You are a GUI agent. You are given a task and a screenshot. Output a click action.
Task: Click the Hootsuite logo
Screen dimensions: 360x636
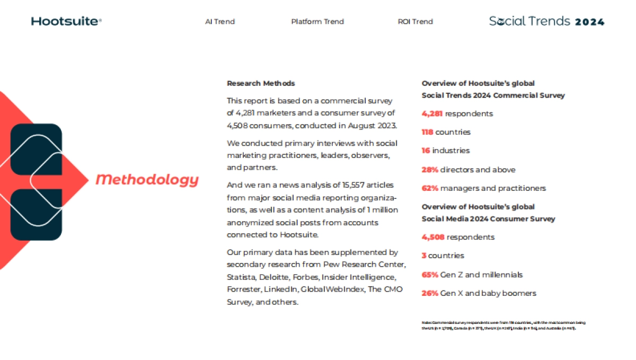[x=66, y=21]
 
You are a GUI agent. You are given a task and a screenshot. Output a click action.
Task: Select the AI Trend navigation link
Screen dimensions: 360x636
[x=220, y=22]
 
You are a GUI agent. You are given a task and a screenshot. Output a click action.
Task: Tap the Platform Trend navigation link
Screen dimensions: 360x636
[x=317, y=22]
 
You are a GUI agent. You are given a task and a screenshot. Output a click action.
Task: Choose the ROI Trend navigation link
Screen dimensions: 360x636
[x=415, y=22]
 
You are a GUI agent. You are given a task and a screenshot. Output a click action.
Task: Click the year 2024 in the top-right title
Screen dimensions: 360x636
[x=589, y=22]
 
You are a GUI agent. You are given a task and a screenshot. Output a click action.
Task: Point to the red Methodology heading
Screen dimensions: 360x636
[x=147, y=180]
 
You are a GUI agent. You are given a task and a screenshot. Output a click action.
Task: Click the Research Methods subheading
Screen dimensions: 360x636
[x=261, y=83]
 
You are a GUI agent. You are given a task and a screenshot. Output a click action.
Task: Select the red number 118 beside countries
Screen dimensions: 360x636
[x=427, y=132]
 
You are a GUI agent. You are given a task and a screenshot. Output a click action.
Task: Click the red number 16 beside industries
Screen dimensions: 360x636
[x=426, y=151]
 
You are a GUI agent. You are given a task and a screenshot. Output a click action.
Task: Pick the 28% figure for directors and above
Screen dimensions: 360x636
[x=430, y=170]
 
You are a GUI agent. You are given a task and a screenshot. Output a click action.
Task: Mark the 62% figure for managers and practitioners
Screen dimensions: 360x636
[x=430, y=188]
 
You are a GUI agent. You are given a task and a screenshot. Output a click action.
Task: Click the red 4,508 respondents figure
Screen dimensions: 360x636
[x=433, y=237]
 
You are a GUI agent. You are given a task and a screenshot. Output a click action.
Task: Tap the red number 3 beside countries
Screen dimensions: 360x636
[x=424, y=256]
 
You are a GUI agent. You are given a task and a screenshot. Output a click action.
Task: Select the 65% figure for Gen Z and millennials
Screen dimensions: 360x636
[x=430, y=275]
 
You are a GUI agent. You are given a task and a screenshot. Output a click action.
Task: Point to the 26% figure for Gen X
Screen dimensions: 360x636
[x=430, y=293]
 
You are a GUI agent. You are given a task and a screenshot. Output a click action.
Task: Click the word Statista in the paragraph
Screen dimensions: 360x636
[x=240, y=277]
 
